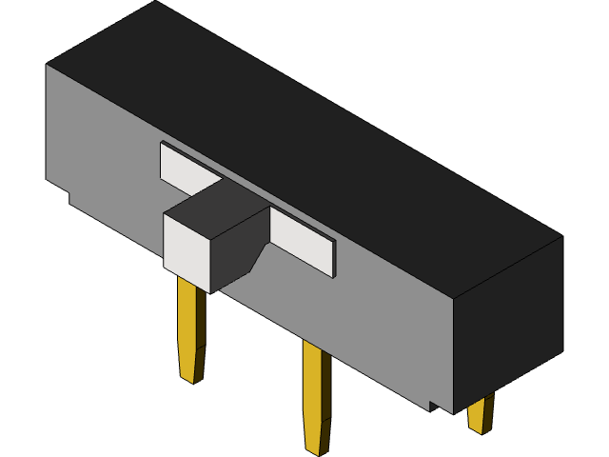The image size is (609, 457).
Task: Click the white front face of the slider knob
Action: (x=187, y=250)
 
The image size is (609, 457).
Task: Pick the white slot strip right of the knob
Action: (x=303, y=242)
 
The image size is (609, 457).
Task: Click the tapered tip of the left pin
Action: (x=190, y=367)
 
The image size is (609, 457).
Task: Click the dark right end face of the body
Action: (x=509, y=324)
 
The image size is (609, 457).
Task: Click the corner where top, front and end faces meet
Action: (x=454, y=297)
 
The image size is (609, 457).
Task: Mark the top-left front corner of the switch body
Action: (x=47, y=65)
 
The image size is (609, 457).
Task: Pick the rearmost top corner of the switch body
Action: (x=155, y=2)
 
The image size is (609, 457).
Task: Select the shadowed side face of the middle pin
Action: (x=325, y=390)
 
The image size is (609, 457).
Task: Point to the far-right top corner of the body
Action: (x=561, y=236)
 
